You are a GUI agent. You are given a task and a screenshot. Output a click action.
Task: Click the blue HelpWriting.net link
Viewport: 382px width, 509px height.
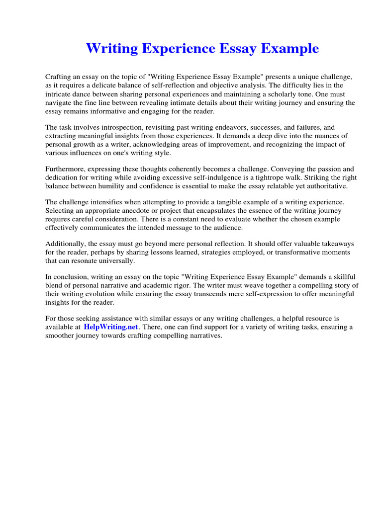point(111,327)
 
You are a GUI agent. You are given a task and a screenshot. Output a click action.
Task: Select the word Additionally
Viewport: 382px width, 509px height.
point(65,244)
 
